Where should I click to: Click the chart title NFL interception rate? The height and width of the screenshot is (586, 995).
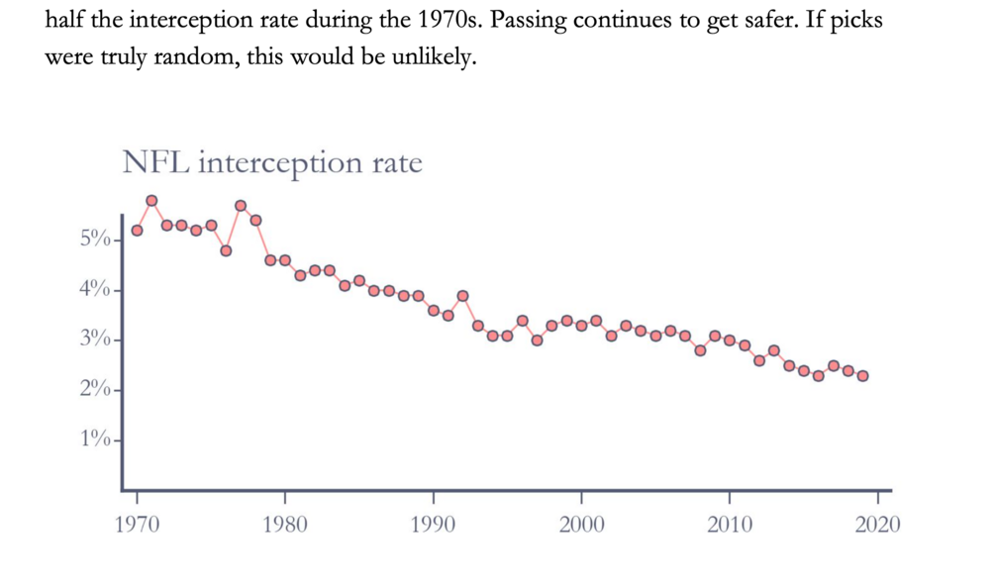(271, 162)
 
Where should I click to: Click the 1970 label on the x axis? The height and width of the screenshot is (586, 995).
(137, 524)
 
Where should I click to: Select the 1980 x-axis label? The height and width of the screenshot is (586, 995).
(285, 524)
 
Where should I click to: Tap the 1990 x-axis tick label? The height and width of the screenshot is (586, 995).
(433, 524)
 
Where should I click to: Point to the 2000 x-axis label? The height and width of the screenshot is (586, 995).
(581, 524)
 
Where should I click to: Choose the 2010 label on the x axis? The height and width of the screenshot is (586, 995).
(730, 524)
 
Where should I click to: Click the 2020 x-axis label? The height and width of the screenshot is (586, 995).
(877, 524)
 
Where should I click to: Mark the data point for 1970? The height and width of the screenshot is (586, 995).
(137, 231)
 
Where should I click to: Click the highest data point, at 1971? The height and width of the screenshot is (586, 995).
(151, 201)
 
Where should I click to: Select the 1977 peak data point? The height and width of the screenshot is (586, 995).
(241, 206)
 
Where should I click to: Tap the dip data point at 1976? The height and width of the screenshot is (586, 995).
(226, 250)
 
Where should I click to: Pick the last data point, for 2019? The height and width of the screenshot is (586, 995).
(863, 376)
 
